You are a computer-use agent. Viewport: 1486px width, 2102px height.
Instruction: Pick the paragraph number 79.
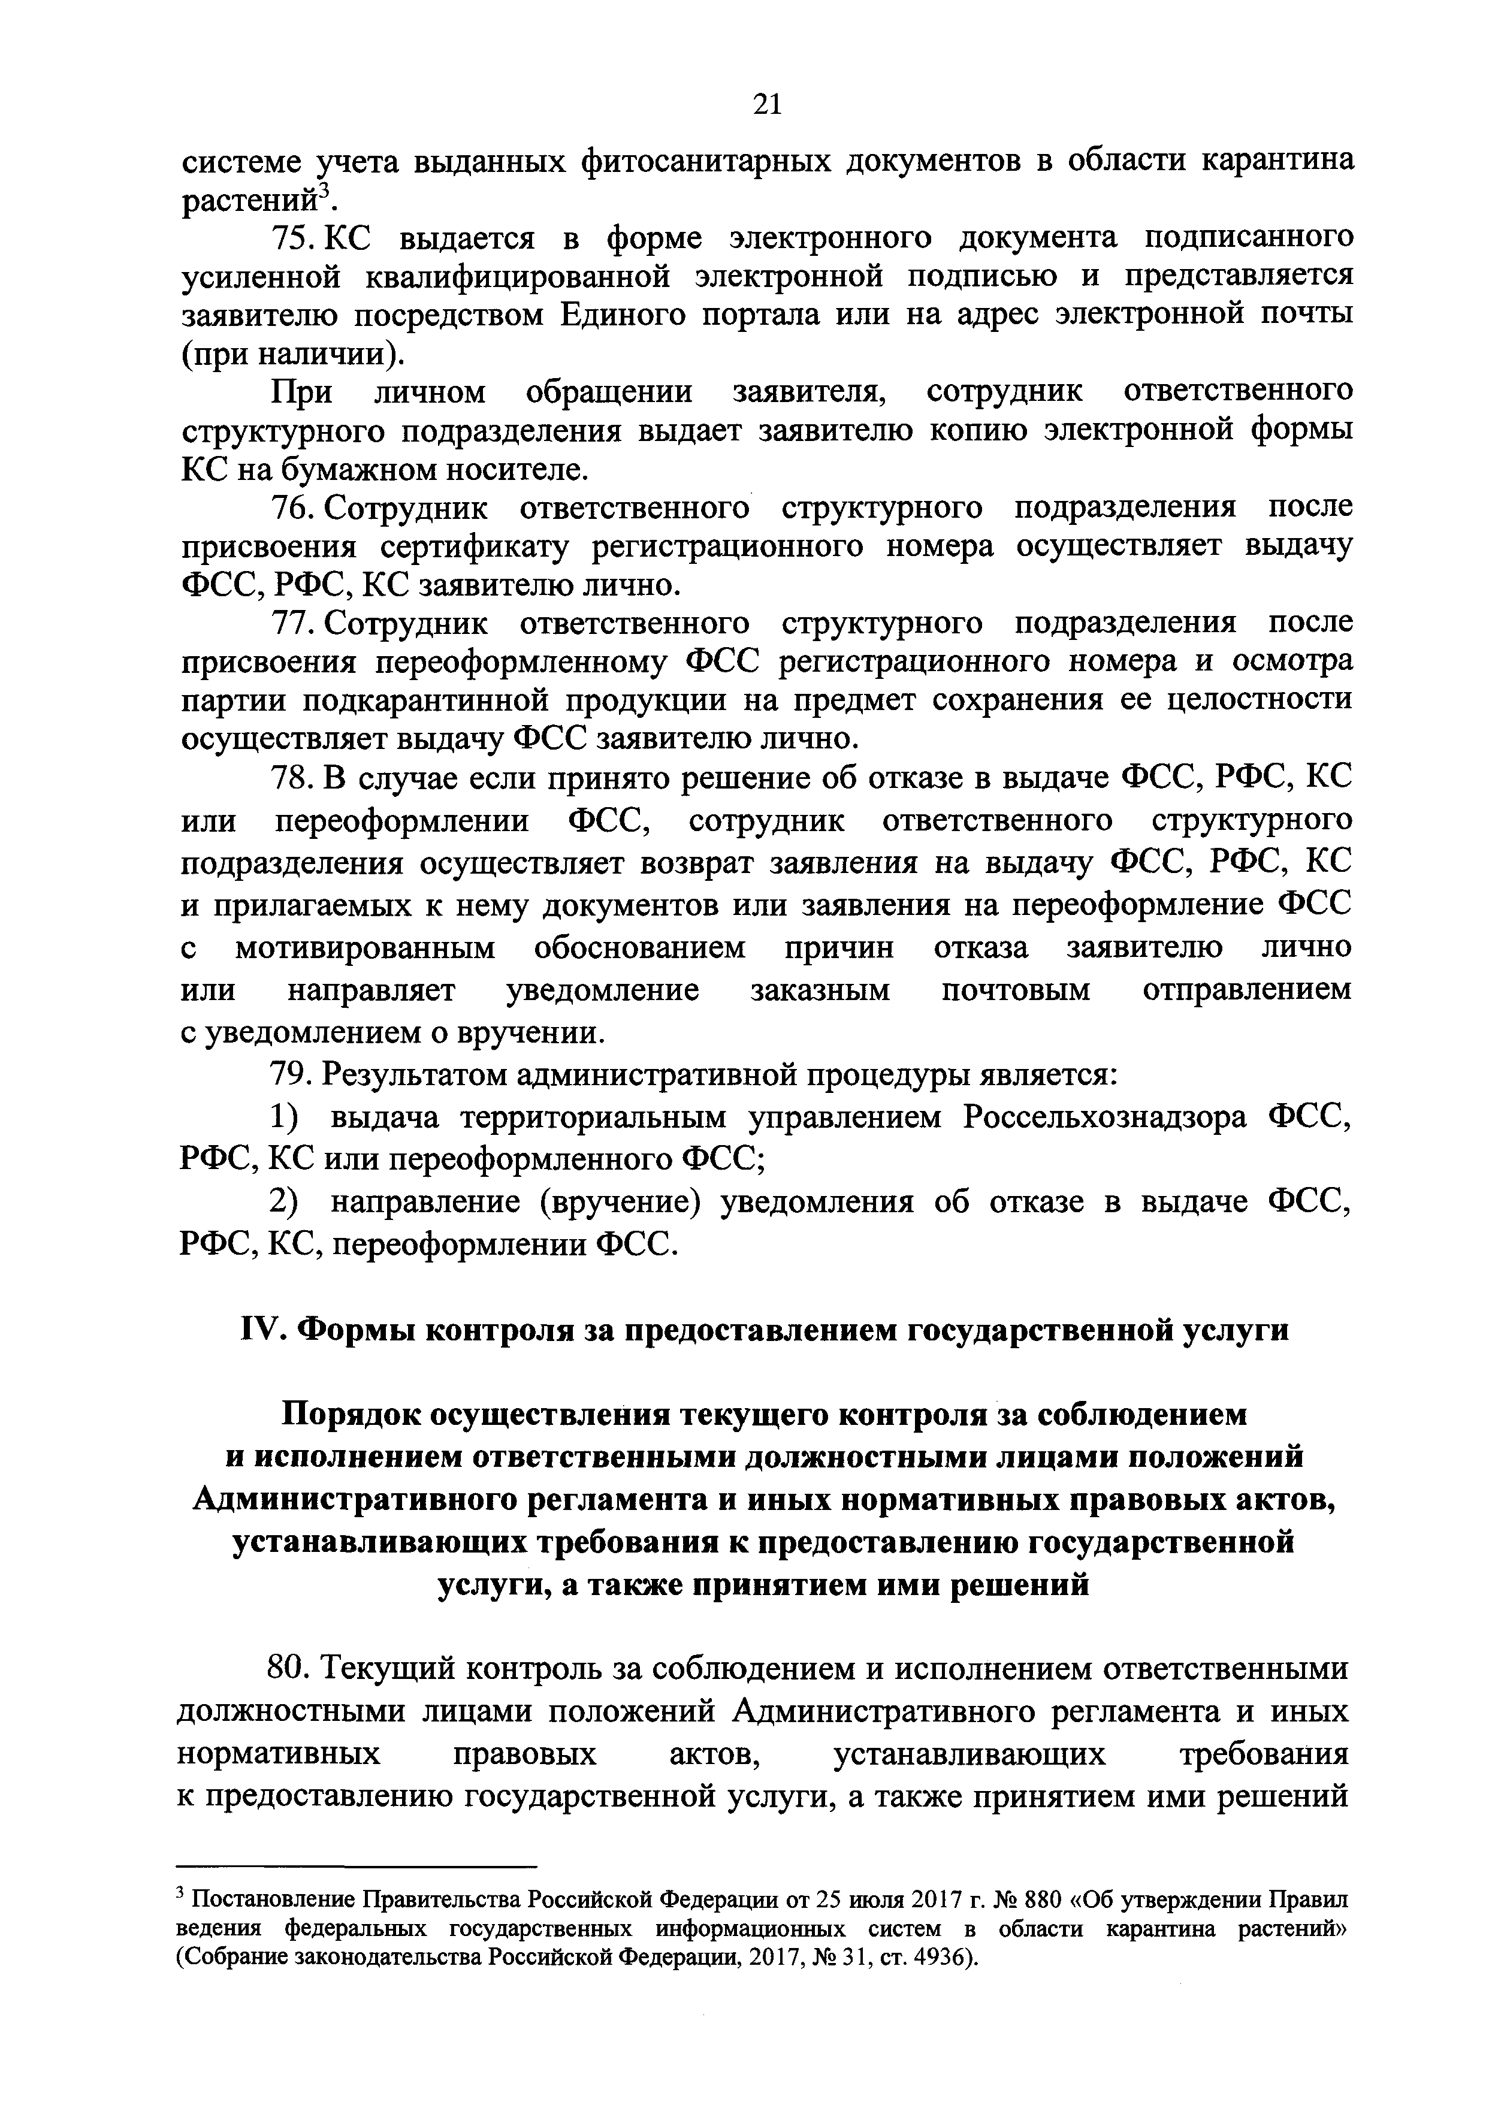290,1075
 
